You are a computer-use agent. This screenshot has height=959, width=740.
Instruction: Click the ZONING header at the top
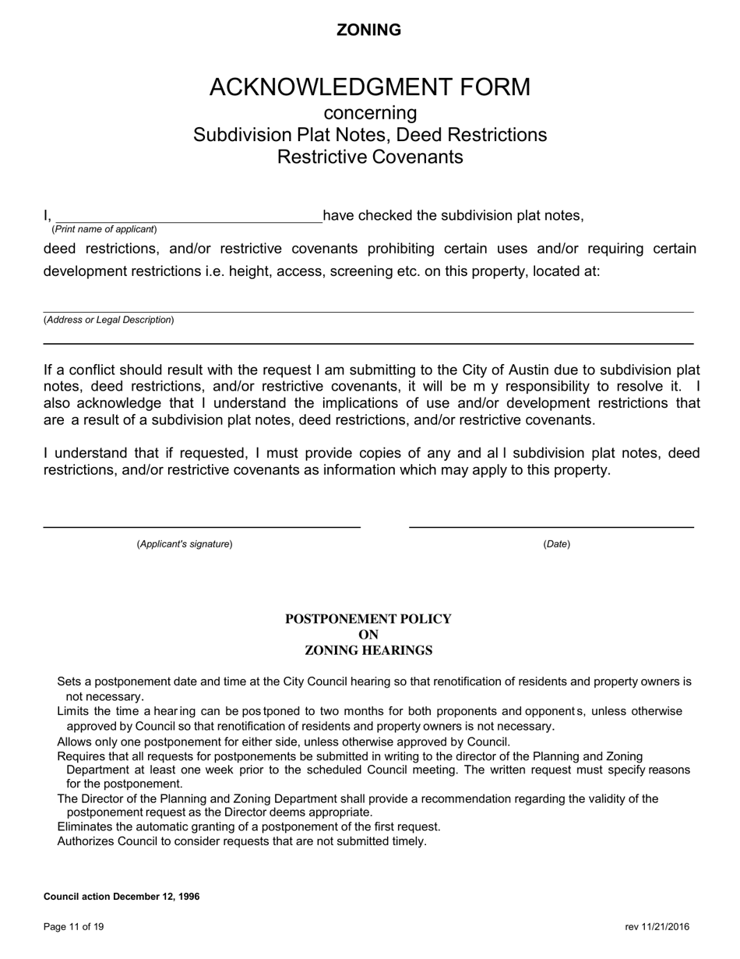point(368,30)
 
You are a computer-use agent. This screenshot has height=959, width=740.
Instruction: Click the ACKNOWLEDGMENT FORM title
point(369,87)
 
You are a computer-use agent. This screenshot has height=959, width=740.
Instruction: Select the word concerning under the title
point(370,113)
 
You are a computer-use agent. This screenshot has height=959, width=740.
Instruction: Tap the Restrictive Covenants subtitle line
point(370,157)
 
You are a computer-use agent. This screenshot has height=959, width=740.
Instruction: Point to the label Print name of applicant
point(104,229)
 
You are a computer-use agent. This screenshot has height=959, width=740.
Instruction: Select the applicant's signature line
point(202,526)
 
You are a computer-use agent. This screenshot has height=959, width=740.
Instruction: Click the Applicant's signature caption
point(185,544)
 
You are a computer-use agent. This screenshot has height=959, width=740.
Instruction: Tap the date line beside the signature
point(551,526)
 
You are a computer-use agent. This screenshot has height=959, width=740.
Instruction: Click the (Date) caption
point(556,544)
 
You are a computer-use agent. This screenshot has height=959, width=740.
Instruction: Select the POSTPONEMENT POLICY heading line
point(368,619)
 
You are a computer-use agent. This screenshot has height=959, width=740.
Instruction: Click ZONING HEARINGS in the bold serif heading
point(368,650)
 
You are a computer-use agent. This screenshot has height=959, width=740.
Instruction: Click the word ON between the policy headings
point(368,635)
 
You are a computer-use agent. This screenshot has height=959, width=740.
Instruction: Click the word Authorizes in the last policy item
point(86,841)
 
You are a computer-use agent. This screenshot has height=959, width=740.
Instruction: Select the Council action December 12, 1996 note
point(122,897)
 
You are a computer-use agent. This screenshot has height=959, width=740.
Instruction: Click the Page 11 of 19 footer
point(74,927)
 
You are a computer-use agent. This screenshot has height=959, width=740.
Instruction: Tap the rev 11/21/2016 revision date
point(657,927)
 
